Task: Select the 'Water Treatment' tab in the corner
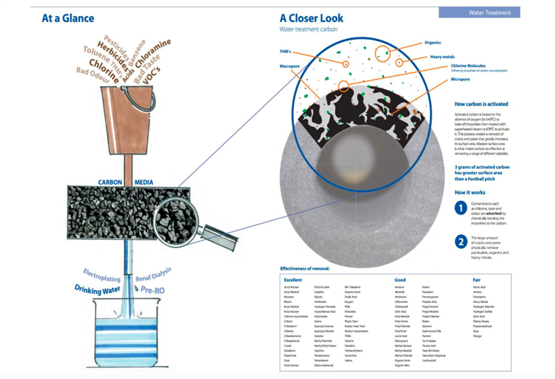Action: (490, 13)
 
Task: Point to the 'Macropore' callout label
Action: (292, 66)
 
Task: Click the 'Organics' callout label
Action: (432, 43)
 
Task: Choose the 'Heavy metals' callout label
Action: (442, 57)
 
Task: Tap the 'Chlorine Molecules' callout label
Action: (469, 66)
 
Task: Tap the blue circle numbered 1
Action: (461, 208)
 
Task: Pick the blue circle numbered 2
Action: (461, 242)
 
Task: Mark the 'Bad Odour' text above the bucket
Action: (94, 71)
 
